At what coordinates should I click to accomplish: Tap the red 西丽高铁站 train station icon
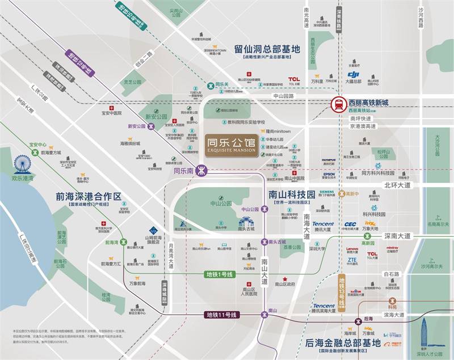coord(339,104)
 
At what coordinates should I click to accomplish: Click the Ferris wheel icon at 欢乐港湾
coord(22,165)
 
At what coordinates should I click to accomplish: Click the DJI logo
coord(354,74)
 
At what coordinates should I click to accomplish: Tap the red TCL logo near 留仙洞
coord(293,79)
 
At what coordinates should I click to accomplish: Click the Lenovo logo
coord(352,249)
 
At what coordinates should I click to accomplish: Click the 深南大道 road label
coord(397,236)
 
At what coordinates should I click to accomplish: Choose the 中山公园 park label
coord(218,203)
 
